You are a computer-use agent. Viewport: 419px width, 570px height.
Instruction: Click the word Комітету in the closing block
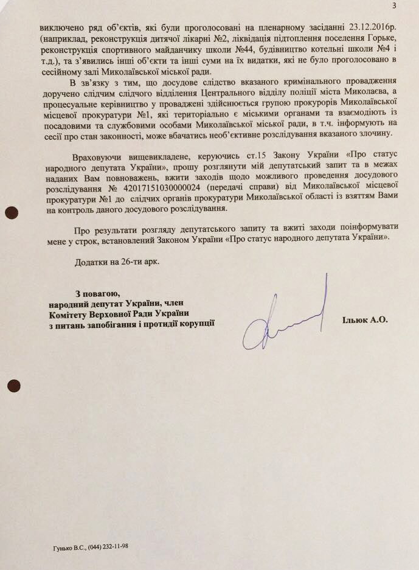pyautogui.click(x=71, y=313)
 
